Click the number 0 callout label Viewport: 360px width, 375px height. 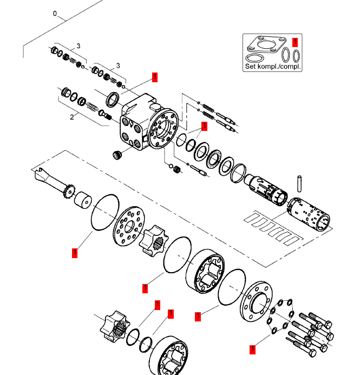pos(55,13)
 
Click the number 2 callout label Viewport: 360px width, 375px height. pos(71,116)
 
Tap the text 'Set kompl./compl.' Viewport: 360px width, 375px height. pos(272,67)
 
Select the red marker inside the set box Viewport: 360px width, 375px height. pos(294,41)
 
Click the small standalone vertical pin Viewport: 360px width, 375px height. pos(299,182)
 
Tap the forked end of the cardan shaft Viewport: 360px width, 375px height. pos(40,175)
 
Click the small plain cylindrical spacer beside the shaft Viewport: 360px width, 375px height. pos(83,201)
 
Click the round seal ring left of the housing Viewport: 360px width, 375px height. pos(113,99)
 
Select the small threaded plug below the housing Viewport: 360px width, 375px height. pos(116,155)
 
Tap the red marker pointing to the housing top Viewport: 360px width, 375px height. pos(155,77)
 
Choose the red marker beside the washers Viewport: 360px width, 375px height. pos(252,350)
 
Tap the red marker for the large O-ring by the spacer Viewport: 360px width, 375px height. pos(75,252)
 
